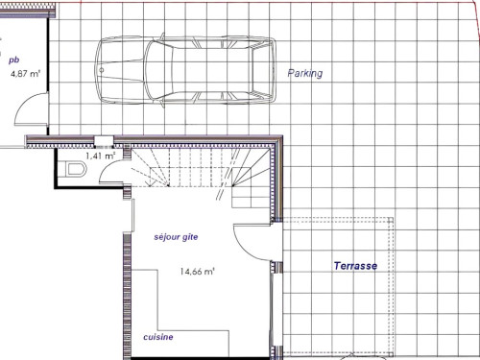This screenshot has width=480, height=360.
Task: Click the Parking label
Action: pyautogui.click(x=305, y=73)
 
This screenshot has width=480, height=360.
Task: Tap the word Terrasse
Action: pyautogui.click(x=355, y=266)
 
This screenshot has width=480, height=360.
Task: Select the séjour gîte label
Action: pyautogui.click(x=176, y=237)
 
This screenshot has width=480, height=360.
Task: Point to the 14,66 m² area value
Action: pyautogui.click(x=197, y=272)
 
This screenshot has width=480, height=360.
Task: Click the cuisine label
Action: pyautogui.click(x=158, y=337)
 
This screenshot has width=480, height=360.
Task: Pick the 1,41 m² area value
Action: pyautogui.click(x=100, y=156)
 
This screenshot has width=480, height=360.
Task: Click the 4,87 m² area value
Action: pyautogui.click(x=25, y=74)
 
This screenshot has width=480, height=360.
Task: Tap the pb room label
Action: pyautogui.click(x=14, y=60)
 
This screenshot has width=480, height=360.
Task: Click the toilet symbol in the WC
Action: pyautogui.click(x=76, y=169)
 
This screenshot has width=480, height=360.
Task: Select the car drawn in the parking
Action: pyautogui.click(x=185, y=70)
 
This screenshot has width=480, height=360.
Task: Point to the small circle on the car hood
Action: pyautogui.click(x=102, y=70)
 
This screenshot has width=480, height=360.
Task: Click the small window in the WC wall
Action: pyautogui.click(x=104, y=141)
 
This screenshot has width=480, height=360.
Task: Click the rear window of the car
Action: pyautogui.click(x=262, y=70)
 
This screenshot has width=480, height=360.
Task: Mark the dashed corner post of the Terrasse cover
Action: pyautogui.click(x=391, y=220)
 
